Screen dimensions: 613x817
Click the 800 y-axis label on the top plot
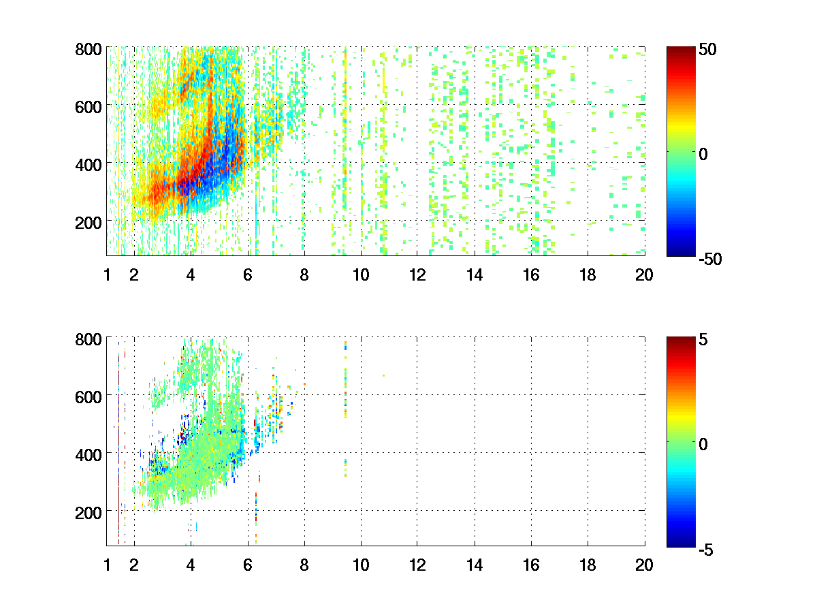pos(89,49)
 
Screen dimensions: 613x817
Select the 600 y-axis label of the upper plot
pos(89,106)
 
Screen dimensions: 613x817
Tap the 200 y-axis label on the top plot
pos(89,222)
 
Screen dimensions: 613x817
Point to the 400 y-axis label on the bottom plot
pos(89,454)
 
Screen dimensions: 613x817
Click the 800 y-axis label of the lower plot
pos(89,339)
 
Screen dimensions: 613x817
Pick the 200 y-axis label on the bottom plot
pos(89,512)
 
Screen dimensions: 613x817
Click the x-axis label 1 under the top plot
pos(107,275)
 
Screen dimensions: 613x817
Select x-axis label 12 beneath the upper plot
pos(417,275)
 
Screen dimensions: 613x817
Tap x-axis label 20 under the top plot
pos(644,275)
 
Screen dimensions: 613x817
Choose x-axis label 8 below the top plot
pos(304,275)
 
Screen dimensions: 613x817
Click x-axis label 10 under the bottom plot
pos(361,565)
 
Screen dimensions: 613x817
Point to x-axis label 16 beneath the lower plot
pos(531,565)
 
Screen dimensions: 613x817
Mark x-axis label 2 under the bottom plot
pos(134,565)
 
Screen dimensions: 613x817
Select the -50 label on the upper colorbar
pos(711,260)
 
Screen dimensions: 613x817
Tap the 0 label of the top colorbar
pos(704,155)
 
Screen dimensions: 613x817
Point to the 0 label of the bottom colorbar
pos(704,444)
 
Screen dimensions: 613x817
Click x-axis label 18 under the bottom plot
pos(588,565)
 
